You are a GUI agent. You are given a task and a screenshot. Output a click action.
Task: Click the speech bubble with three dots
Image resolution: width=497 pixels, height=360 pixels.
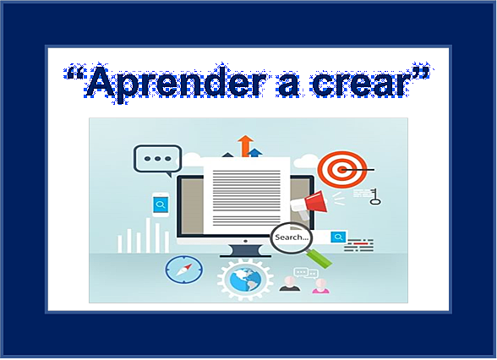(x=157, y=161)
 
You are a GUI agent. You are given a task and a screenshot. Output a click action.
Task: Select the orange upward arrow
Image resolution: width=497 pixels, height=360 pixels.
(x=246, y=145)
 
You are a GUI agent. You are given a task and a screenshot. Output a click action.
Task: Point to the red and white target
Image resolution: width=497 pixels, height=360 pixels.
(x=342, y=169)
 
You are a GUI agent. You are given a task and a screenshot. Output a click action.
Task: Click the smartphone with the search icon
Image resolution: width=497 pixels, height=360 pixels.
(x=161, y=205)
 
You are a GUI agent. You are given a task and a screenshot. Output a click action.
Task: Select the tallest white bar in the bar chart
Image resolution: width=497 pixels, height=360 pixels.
(x=148, y=235)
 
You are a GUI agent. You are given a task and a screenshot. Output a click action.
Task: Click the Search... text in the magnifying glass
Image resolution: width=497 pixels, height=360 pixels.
(x=292, y=237)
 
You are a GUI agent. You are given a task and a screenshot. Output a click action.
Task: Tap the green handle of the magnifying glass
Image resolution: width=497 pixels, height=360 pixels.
(x=319, y=259)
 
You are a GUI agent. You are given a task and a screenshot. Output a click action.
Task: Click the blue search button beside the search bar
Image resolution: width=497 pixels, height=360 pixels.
(x=338, y=237)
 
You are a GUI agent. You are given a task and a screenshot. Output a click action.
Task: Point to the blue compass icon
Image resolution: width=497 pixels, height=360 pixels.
(x=184, y=270)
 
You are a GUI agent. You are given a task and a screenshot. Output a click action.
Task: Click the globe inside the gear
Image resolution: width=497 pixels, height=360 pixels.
(x=246, y=280)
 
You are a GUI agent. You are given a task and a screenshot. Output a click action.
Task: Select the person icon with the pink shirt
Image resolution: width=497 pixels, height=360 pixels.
(x=320, y=286)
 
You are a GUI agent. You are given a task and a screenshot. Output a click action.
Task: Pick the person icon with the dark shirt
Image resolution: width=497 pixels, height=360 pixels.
(x=290, y=284)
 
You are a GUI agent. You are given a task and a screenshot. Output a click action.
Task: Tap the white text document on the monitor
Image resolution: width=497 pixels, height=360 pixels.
(x=246, y=195)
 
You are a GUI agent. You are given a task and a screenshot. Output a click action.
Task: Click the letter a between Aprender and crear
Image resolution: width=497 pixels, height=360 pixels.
(x=288, y=85)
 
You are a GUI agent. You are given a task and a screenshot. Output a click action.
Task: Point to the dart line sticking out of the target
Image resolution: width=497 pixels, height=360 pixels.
(x=358, y=170)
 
